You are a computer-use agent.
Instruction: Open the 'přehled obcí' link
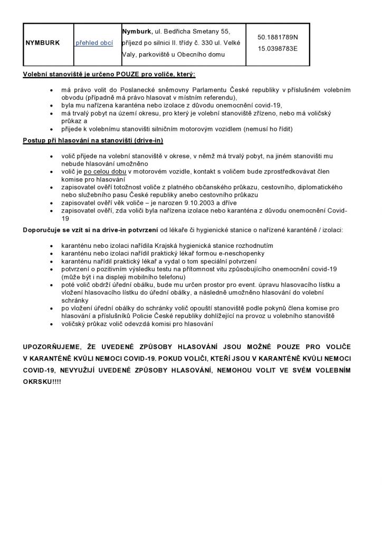click(94, 43)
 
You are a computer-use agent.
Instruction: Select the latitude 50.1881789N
click(278, 37)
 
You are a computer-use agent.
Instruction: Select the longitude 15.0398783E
click(278, 49)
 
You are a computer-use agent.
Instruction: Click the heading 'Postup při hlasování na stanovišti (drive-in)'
click(93, 140)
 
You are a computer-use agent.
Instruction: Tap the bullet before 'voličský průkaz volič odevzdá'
click(50, 324)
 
